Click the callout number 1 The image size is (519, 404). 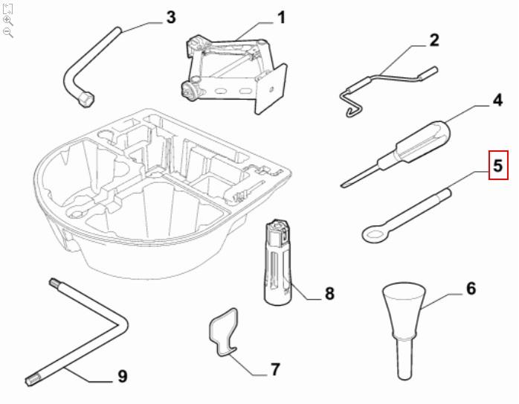281,16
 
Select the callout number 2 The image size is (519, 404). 433,40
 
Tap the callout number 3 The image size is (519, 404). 170,16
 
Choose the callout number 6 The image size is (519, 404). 470,288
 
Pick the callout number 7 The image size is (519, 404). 274,369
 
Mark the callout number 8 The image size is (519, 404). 329,293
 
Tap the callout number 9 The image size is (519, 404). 123,376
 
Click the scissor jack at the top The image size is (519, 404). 234,71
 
